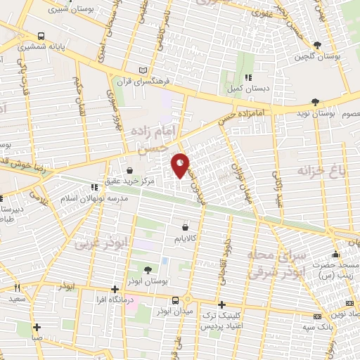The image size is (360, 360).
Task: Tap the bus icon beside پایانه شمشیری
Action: pos(42,36)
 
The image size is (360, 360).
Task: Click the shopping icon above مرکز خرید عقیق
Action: pos(129,170)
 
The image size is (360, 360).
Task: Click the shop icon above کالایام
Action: pos(185,227)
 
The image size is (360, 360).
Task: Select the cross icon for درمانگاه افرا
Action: pos(115,289)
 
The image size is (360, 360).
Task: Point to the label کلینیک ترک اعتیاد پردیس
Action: pos(221,322)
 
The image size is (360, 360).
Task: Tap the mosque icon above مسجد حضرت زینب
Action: pos(336,255)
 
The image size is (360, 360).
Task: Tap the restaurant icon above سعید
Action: pos(17,288)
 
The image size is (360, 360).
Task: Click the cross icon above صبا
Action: pos(37,326)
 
